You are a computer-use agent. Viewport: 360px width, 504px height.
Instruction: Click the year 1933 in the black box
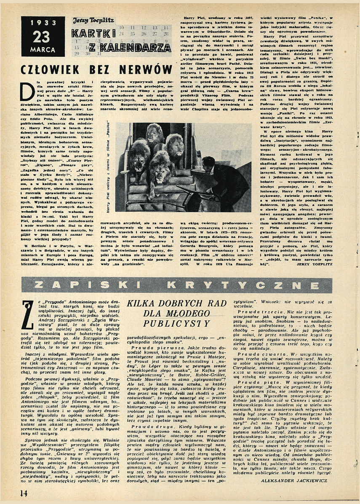click(43, 23)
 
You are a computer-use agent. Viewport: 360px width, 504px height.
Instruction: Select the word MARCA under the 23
click(43, 50)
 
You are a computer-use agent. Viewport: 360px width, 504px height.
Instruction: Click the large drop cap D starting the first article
click(27, 90)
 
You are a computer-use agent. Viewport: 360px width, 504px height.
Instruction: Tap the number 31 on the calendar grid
click(100, 54)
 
